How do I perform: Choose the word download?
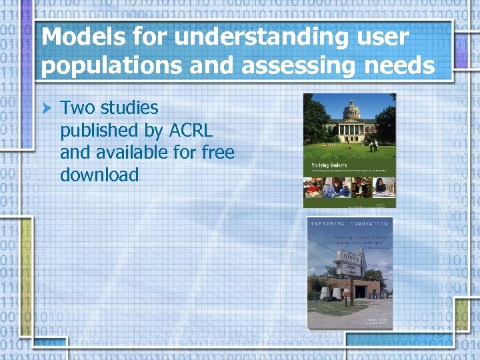[99, 175]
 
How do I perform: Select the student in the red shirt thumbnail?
[313, 188]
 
